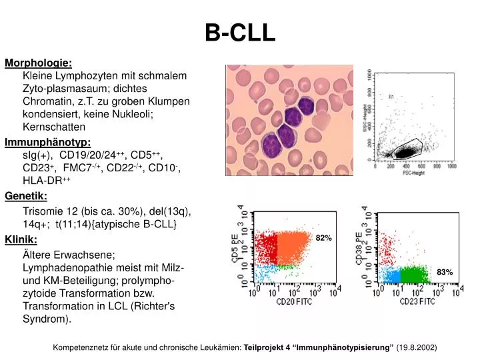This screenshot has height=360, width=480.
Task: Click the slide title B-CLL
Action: point(239,32)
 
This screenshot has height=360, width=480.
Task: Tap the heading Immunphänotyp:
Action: point(48,142)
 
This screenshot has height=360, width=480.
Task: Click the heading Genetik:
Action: point(26,195)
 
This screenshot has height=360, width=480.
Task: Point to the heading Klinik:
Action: point(21,239)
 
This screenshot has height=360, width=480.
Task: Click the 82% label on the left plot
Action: point(323,238)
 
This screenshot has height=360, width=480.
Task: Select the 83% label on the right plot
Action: point(445,272)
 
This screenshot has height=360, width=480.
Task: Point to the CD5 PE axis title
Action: point(235,248)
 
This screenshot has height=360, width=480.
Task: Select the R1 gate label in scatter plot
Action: point(391,97)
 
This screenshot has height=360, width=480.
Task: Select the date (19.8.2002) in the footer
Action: point(417,347)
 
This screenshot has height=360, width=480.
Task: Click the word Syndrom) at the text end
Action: point(46,319)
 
